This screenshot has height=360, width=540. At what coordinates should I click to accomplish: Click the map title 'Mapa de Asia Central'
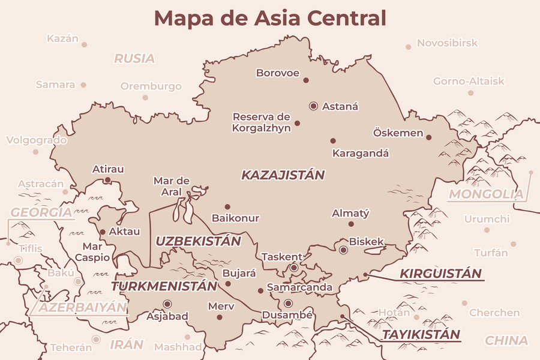pos(270,18)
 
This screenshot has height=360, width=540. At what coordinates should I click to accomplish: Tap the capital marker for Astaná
pos(313,106)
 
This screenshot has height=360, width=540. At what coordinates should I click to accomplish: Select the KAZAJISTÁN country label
pos(283,175)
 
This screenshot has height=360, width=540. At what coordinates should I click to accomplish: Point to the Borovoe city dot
pos(305,80)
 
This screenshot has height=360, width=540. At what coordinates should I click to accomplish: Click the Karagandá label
pos(361,153)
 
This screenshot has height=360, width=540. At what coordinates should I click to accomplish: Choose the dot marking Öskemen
pos(429,137)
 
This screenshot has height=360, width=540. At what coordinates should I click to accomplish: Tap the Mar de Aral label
pos(172,186)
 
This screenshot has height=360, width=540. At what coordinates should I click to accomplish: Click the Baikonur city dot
pos(227,206)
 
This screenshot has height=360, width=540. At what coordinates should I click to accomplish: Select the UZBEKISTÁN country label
pos(198,241)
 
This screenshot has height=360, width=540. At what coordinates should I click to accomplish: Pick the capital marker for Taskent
pos(294,268)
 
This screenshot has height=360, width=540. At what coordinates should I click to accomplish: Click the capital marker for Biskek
pos(343,250)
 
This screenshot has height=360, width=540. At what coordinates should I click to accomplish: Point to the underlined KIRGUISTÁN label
pos(440,274)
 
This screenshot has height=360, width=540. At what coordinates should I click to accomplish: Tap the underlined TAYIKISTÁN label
pos(421,335)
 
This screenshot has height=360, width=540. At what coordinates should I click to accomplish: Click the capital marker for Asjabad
pos(167,304)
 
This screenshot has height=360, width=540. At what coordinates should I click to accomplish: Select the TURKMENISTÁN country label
pos(163,286)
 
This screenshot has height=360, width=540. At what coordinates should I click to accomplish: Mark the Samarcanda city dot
pos(260,290)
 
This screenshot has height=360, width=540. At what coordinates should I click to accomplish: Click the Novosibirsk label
pos(439,43)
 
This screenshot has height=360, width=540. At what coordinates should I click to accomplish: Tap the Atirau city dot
pos(107,179)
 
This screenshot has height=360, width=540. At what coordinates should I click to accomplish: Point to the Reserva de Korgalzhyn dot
pos(297,124)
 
